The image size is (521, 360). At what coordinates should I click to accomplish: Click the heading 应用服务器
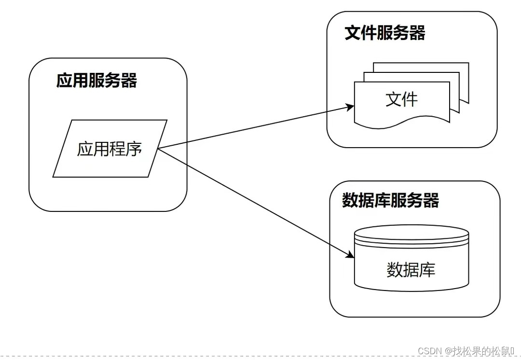(x=96, y=80)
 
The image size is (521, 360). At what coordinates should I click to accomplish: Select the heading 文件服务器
(x=384, y=33)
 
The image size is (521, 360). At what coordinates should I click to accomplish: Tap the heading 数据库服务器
(x=390, y=200)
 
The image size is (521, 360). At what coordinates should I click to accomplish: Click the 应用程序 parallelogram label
(x=110, y=149)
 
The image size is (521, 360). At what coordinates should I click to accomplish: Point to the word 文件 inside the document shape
(x=401, y=99)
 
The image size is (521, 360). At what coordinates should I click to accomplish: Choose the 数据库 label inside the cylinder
(x=411, y=269)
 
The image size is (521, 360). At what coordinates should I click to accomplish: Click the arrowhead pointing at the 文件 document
(x=351, y=107)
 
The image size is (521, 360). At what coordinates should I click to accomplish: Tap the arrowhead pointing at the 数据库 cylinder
(x=351, y=255)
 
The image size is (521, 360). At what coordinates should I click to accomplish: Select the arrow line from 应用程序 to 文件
(x=256, y=127)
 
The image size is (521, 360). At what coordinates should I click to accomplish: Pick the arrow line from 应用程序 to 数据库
(x=256, y=203)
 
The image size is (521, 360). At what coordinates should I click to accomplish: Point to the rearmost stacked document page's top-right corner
(x=468, y=63)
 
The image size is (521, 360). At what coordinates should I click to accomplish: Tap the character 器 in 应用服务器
(x=129, y=80)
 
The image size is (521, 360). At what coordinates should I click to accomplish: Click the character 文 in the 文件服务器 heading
(x=353, y=33)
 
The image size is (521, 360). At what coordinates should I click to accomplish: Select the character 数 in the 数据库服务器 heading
(x=350, y=200)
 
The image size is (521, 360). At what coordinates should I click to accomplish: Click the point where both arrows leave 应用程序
(x=158, y=148)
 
